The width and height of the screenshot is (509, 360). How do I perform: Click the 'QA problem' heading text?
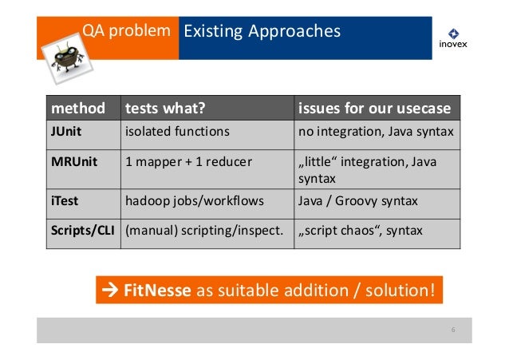tap(126, 31)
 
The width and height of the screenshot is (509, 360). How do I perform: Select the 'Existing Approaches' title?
tap(262, 31)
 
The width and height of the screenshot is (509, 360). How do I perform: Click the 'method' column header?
tap(72, 108)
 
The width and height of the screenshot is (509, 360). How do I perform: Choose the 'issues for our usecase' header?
tap(374, 108)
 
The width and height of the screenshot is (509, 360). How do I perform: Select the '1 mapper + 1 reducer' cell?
tap(188, 162)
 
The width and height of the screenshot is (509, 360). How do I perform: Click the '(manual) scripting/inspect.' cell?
tap(203, 231)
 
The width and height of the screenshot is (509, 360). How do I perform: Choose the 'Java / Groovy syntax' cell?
tap(357, 201)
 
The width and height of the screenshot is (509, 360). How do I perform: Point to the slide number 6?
tap(452, 330)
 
